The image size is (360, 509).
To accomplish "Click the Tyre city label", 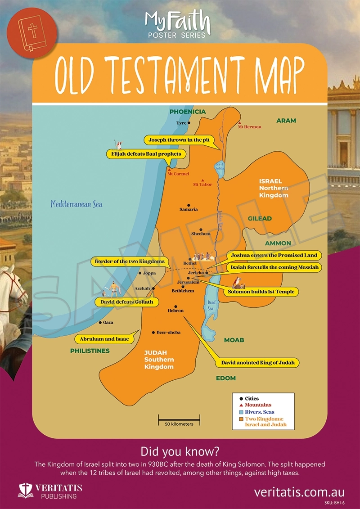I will (181, 123).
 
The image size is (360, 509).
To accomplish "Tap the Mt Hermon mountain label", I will (250, 127).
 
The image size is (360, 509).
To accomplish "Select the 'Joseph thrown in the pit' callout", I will (179, 140).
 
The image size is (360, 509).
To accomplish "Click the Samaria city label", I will (189, 209).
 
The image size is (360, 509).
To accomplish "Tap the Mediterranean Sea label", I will (76, 204).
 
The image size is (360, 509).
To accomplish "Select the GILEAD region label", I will (260, 218).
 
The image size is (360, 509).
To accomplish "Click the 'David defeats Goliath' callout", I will (127, 302).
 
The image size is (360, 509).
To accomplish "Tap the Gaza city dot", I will (100, 322).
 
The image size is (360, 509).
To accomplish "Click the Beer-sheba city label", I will (168, 332).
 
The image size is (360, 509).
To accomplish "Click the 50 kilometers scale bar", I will (179, 421).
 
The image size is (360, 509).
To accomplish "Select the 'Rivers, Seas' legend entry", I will (259, 412).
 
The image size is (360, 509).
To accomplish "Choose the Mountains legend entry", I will (258, 405).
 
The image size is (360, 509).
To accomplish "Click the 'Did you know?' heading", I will (180, 451).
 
